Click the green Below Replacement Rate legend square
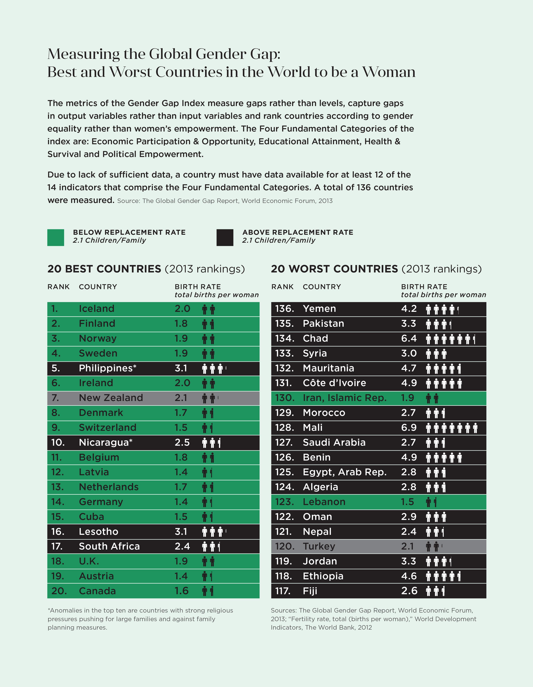pyautogui.click(x=56, y=238)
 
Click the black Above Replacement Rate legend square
pyautogui.click(x=225, y=238)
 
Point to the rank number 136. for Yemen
pyautogui.click(x=284, y=309)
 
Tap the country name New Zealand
pyautogui.click(x=111, y=398)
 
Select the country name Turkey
pyautogui.click(x=319, y=546)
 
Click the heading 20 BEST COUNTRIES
pyautogui.click(x=104, y=269)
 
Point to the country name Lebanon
pyautogui.click(x=324, y=502)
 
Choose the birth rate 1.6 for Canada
pyautogui.click(x=182, y=591)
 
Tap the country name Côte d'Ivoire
pyautogui.click(x=334, y=383)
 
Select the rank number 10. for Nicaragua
pyautogui.click(x=58, y=443)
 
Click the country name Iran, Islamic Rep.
pyautogui.click(x=344, y=398)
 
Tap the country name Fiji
pyautogui.click(x=310, y=591)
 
